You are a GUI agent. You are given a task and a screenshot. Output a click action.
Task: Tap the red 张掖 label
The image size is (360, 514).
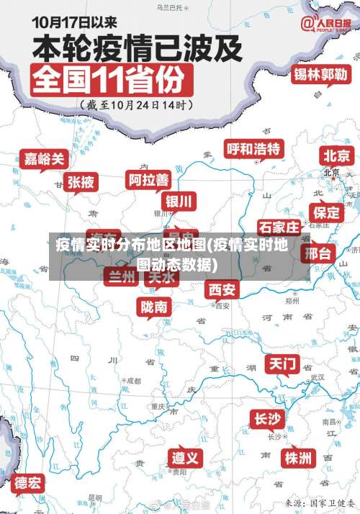coord(81,182)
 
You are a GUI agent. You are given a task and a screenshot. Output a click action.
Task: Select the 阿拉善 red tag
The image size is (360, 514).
coord(148,179)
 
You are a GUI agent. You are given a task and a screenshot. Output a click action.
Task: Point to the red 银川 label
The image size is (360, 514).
coord(179,201)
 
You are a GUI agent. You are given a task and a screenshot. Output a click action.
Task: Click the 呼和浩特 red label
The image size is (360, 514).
coord(253,149)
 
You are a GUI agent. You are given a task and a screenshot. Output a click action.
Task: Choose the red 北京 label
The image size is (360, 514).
coord(336,155)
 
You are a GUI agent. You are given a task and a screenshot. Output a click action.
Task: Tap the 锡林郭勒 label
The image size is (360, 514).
coord(320,74)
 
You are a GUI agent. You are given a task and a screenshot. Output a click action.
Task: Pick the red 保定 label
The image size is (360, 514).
coord(325,212)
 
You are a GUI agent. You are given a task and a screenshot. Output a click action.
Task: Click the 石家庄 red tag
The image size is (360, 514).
coord(279,228)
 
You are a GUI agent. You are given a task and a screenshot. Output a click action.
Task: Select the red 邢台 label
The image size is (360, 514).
coord(317,253)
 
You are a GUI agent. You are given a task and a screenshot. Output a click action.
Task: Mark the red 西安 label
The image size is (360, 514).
coord(222,289)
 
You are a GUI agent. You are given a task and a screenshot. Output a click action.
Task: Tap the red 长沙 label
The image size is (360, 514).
coord(268,418)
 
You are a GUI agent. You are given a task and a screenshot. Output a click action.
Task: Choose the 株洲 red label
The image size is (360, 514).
coord(297,457)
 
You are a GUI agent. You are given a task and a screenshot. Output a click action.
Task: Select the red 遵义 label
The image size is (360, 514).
coord(186,458)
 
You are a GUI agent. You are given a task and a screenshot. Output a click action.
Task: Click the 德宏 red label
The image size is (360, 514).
coord(29,482)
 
